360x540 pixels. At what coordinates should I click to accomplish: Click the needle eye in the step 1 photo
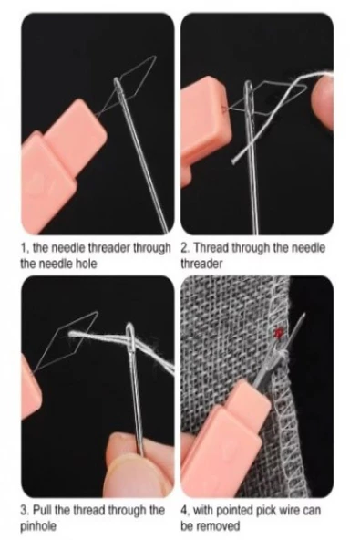pos(118,88)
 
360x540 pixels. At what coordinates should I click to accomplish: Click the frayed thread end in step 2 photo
pos(235,161)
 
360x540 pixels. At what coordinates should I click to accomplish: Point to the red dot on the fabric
pos(278,332)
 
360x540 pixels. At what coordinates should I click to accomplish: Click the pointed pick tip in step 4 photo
pos(303,315)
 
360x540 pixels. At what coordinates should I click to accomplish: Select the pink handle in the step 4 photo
pos(223,437)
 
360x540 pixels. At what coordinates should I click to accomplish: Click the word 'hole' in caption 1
pos(86,265)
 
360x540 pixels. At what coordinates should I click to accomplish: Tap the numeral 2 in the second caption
pos(184,248)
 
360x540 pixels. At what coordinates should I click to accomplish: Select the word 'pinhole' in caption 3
pos(38,527)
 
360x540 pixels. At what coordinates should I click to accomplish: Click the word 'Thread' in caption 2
pos(211,248)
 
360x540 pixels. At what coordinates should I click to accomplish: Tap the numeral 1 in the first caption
pos(24,248)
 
